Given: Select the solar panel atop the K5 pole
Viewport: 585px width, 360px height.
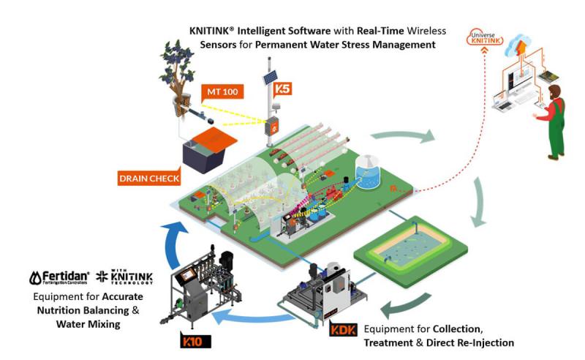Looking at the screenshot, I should pyautogui.click(x=269, y=75).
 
